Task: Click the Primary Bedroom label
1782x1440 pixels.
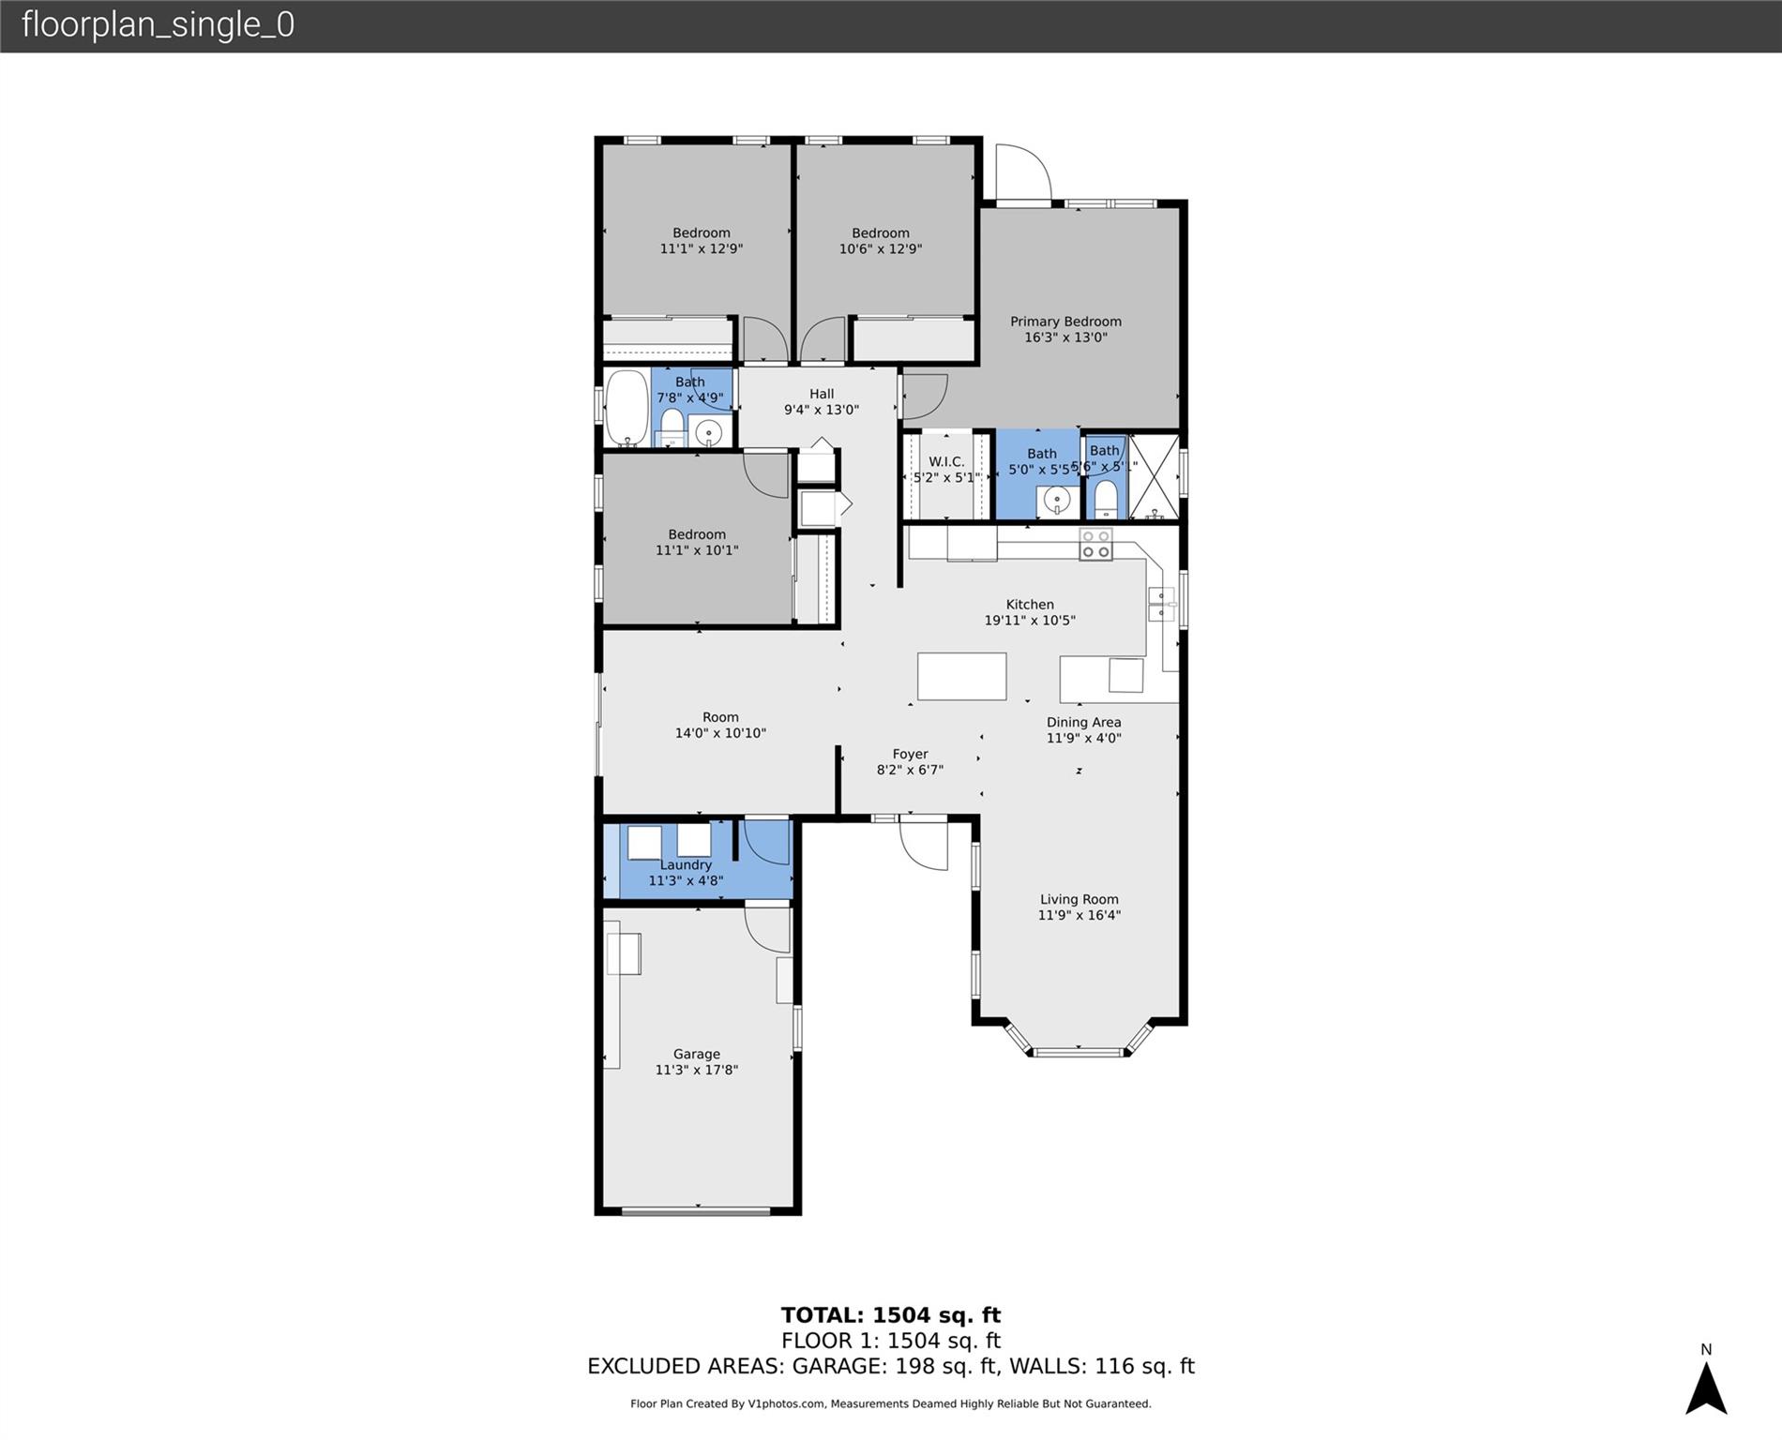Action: [x=1065, y=322]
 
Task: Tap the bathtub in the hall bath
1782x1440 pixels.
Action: [x=626, y=408]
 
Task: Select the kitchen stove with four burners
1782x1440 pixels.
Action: [x=1095, y=545]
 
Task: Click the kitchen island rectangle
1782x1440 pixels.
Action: [x=961, y=676]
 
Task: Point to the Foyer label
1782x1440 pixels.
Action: [x=910, y=754]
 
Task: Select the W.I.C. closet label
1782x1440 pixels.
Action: [x=946, y=462]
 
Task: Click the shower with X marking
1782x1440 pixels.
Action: [x=1154, y=476]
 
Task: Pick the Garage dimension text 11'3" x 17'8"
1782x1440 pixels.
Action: [x=696, y=1070]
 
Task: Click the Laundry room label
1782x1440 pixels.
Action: [x=686, y=864]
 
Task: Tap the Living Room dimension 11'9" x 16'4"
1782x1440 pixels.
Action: [x=1079, y=915]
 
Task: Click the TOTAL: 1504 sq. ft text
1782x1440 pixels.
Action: [x=890, y=1315]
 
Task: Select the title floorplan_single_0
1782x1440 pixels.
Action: [x=158, y=24]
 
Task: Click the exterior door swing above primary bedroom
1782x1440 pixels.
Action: [x=1023, y=173]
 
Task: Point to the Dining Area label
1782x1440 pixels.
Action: [x=1083, y=722]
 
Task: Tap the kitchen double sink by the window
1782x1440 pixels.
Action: [x=1161, y=604]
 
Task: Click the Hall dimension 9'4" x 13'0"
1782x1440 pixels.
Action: [x=822, y=410]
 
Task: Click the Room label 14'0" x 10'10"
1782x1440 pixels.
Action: [x=720, y=717]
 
